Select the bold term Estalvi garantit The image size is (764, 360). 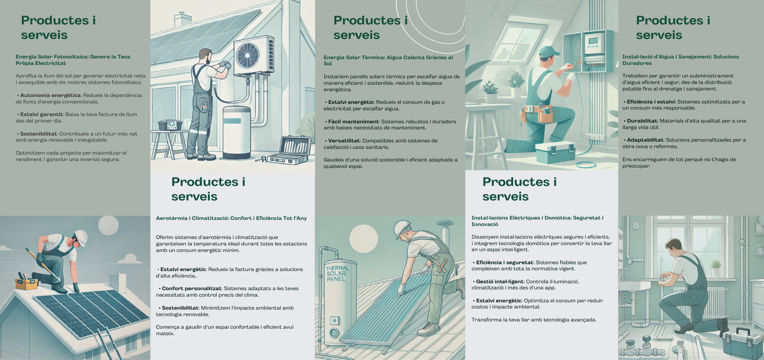click(41, 115)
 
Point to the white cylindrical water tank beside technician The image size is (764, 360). click(236, 132)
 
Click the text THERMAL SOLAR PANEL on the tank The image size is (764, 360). click(337, 274)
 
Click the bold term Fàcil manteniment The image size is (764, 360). click(353, 122)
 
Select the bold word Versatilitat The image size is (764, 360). click(344, 141)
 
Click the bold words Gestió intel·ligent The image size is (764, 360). click(499, 282)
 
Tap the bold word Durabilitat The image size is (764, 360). click(642, 121)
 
